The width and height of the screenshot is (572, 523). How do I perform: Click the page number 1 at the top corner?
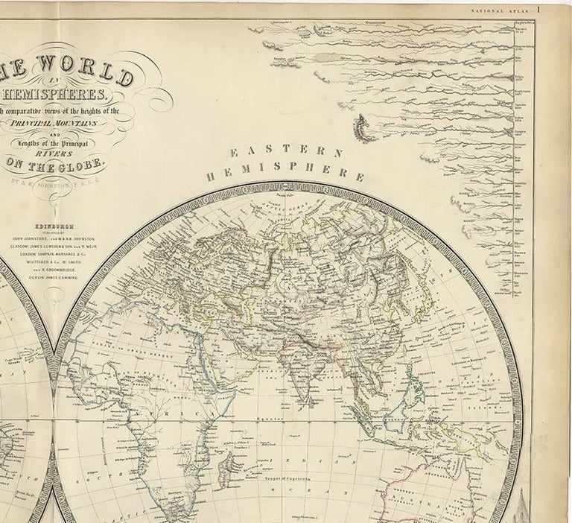[558, 9]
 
